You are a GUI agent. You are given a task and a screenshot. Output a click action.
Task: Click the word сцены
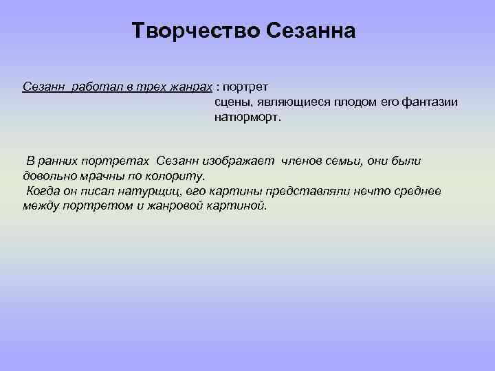[231, 102]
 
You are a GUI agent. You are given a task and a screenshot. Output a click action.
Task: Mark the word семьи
[355, 161]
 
